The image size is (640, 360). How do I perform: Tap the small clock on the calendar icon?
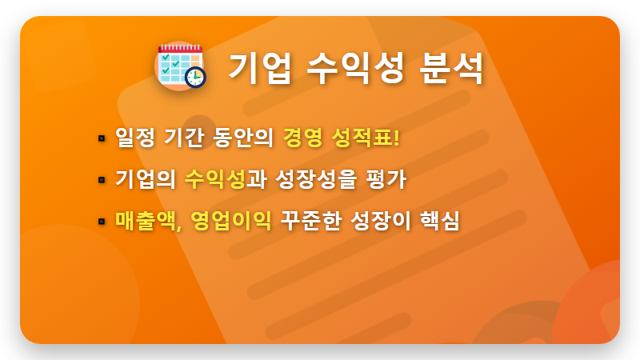[194, 77]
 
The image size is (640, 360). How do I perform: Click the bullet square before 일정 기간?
[102, 138]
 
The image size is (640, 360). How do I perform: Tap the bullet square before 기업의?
[102, 179]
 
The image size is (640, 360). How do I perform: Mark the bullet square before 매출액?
[102, 220]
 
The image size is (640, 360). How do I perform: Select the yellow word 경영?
[302, 138]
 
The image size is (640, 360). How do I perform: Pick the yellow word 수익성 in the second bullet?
[214, 178]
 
